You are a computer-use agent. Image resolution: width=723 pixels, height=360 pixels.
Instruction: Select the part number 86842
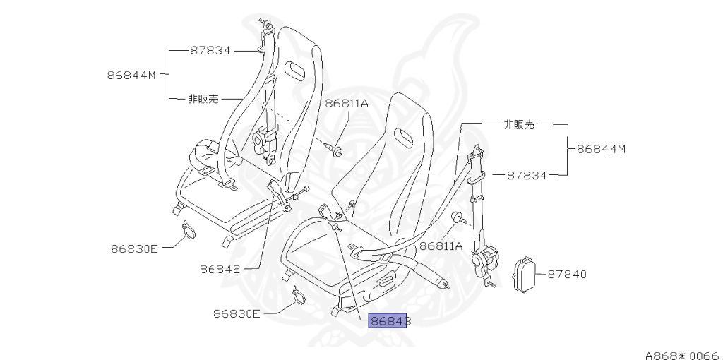[x=220, y=269]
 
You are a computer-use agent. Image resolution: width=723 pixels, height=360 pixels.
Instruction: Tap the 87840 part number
[x=567, y=274]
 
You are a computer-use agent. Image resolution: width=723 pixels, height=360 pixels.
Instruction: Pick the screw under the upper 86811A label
[x=335, y=148]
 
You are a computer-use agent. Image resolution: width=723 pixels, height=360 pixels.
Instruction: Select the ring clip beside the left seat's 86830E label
[x=187, y=230]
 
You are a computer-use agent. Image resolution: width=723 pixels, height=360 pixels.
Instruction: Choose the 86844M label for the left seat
[x=132, y=73]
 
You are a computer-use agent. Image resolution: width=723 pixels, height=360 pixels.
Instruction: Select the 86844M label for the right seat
[x=602, y=149]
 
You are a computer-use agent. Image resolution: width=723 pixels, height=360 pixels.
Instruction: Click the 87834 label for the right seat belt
[x=527, y=175]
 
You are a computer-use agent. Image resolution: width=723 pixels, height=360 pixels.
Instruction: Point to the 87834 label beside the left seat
[x=210, y=50]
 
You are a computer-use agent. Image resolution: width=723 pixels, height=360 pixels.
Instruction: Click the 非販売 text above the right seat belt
[x=519, y=125]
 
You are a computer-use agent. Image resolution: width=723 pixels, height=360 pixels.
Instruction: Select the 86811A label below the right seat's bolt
[x=441, y=246]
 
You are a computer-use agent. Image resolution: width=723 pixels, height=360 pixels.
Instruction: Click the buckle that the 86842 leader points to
[x=277, y=188]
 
